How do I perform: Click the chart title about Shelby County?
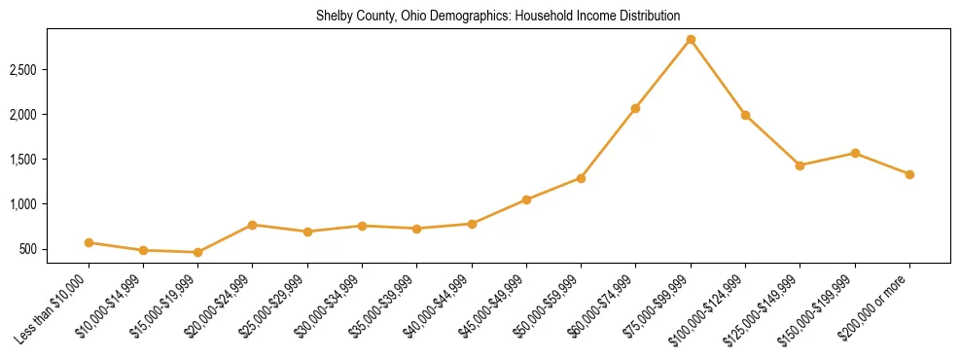coord(497,17)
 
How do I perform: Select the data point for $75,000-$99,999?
coord(691,40)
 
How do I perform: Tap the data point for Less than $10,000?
coord(89,242)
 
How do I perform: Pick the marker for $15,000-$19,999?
coord(198,252)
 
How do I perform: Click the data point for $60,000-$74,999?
coord(635,108)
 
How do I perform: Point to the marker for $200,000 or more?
coord(909,174)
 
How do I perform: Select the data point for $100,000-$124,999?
coord(745,115)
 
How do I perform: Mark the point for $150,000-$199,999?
coord(855,153)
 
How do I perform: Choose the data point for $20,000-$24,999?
coord(253,225)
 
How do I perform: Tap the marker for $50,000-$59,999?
coord(581,178)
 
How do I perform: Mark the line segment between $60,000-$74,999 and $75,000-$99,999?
coord(663,74)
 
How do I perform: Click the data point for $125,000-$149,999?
coord(800,165)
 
